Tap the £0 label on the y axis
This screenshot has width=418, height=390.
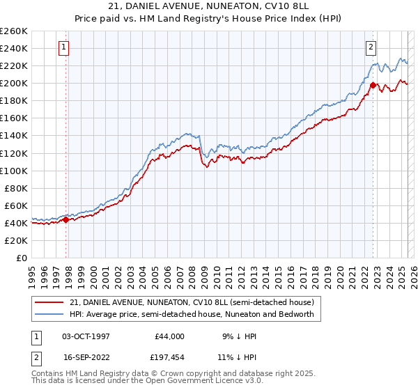(22, 258)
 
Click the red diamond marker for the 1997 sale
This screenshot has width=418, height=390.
(65, 219)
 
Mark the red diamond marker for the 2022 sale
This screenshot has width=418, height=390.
(373, 86)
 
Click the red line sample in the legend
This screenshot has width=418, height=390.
(49, 302)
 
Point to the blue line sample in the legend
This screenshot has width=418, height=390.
(49, 314)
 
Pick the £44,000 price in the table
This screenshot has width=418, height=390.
(169, 336)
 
